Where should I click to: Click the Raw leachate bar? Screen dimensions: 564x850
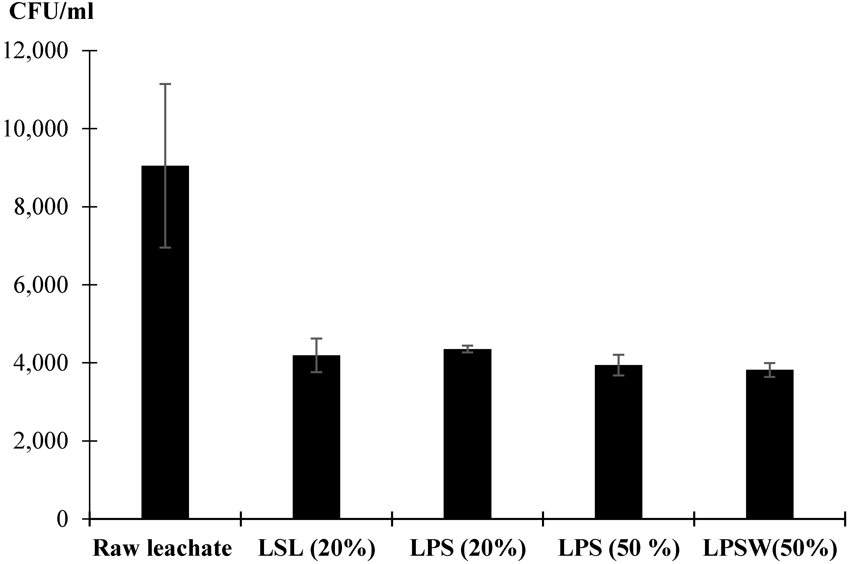(x=165, y=342)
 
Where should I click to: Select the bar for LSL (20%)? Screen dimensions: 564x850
(x=316, y=437)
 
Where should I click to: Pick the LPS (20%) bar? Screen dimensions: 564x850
(x=467, y=434)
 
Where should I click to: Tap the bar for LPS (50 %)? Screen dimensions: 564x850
(x=618, y=442)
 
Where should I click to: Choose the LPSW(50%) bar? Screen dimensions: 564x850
(x=769, y=444)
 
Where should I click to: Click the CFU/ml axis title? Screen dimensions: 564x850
(x=51, y=12)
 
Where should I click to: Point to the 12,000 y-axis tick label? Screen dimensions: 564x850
(x=35, y=51)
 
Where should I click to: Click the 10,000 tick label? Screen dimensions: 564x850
(x=35, y=129)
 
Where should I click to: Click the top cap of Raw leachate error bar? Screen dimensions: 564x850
(x=165, y=84)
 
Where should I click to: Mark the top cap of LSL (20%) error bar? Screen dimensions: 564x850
(x=316, y=338)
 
